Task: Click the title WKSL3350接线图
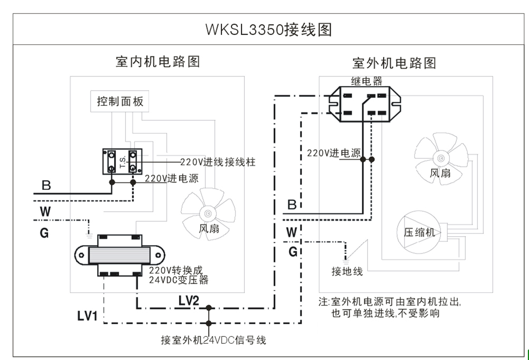(268, 29)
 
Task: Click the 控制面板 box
(120, 102)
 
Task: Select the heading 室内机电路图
(157, 61)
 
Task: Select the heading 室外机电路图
(394, 63)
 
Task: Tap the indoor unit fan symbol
(208, 214)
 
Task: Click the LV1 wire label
(87, 316)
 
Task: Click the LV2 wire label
(189, 301)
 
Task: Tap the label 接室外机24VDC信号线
(213, 340)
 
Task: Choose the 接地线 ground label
(347, 272)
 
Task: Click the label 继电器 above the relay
(366, 81)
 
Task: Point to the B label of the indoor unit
(46, 185)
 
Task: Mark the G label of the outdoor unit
(293, 252)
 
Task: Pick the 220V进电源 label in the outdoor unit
(334, 153)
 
